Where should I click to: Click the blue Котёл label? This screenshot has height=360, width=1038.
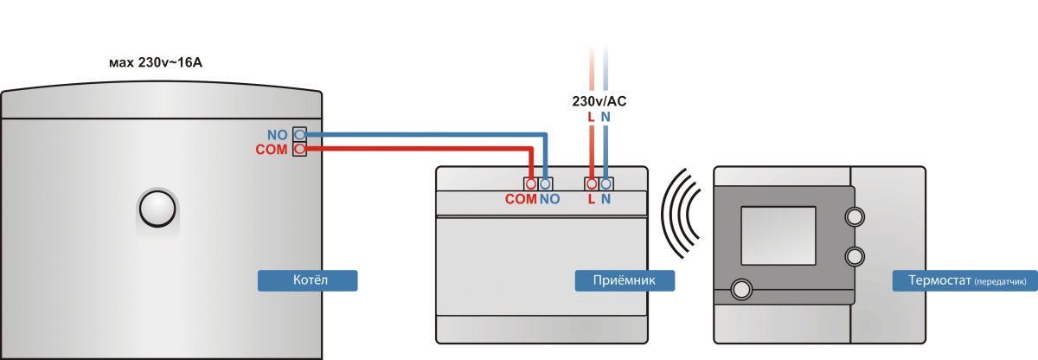coord(307,280)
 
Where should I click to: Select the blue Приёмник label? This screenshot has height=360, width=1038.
coord(625,280)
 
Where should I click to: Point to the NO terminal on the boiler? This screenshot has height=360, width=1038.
coord(300,135)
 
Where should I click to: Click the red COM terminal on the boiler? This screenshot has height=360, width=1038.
coord(300,150)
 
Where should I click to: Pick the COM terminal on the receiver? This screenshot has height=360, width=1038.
coord(531,183)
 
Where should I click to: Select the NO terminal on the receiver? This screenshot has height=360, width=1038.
coord(546,183)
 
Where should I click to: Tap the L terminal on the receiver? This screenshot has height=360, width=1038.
coord(592,183)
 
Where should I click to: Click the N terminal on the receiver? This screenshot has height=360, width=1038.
coord(606,183)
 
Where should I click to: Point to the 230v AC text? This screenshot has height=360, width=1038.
coord(599,101)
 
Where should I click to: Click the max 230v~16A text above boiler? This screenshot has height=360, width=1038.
coord(156,63)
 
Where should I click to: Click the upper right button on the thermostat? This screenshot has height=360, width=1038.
coord(855,216)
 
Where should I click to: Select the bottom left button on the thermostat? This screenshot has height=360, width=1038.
coord(741,289)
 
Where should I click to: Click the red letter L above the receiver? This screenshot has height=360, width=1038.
coord(592,117)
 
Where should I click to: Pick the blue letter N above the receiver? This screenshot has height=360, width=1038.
coord(606,117)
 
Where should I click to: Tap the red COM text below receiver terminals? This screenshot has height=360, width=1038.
coord(521,199)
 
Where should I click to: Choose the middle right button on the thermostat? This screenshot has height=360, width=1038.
coord(855,255)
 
